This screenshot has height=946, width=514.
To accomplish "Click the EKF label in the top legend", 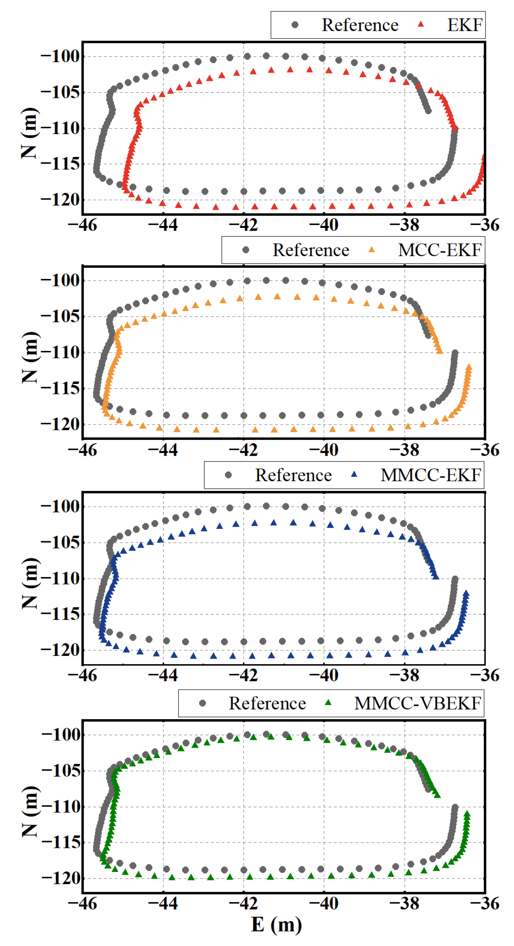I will (464, 25).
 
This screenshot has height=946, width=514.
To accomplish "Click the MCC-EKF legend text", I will (439, 250).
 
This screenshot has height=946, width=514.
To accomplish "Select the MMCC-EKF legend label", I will (431, 475).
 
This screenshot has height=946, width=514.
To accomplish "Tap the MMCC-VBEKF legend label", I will (417, 704).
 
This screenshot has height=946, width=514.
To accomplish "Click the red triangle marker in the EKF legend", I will (421, 25).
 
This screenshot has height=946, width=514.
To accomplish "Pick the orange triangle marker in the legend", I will (372, 250).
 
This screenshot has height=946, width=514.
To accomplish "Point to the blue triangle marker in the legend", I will (354, 475).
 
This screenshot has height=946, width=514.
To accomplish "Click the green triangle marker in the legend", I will (328, 703).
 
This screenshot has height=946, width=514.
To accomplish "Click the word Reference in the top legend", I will (360, 25).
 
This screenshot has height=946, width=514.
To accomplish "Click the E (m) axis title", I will (276, 925).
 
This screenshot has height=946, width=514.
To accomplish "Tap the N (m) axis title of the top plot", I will (30, 133).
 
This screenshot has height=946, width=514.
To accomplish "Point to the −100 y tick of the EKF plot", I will (60, 57).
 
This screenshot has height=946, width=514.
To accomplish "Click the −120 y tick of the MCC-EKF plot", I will (60, 425).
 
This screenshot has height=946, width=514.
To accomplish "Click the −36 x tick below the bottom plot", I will (484, 904).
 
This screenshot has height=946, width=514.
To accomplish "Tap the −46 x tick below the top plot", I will (82, 225).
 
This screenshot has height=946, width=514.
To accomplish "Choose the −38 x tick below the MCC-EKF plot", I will (404, 450).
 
